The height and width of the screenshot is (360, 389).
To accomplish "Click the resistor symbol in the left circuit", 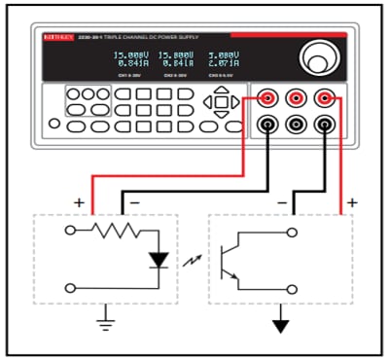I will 115,233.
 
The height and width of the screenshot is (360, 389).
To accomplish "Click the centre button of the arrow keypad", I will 221,101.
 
